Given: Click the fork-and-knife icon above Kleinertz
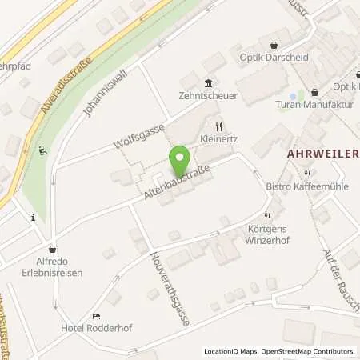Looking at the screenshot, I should tap(218, 126).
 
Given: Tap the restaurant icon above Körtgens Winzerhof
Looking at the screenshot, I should tap(270, 216).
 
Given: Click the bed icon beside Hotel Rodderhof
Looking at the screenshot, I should tap(96, 316).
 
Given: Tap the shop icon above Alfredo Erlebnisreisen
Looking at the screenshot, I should tap(53, 249).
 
